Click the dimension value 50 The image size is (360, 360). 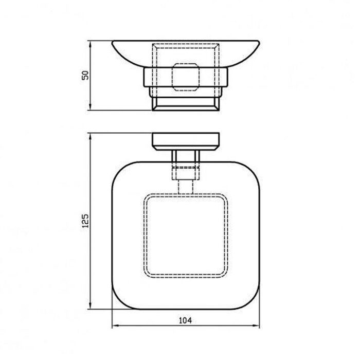click(x=85, y=75)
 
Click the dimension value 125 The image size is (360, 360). click(x=85, y=221)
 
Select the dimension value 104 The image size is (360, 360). click(x=185, y=320)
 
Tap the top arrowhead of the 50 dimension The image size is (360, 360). click(x=90, y=45)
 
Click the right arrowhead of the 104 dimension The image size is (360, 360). click(x=256, y=326)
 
